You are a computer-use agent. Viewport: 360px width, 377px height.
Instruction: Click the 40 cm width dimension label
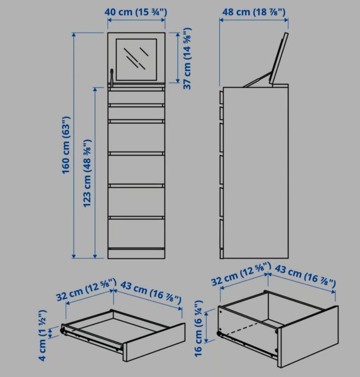[135, 12]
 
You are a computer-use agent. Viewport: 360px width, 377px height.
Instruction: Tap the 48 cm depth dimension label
[254, 12]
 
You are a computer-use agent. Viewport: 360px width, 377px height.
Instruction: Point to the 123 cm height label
[87, 173]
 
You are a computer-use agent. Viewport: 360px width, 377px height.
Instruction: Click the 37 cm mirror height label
[187, 59]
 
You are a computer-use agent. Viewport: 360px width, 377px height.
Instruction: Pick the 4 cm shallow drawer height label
[42, 335]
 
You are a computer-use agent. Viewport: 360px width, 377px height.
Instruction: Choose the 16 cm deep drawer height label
[198, 328]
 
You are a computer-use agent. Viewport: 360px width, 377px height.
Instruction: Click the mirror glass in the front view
[136, 60]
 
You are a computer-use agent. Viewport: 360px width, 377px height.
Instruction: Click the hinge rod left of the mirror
[112, 77]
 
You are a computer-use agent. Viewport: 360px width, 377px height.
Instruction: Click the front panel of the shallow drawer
[154, 342]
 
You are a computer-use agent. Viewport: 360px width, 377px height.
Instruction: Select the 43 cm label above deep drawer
[305, 276]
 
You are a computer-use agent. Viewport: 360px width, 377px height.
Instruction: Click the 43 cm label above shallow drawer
[150, 293]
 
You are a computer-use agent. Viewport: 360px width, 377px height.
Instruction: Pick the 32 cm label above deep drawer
[241, 274]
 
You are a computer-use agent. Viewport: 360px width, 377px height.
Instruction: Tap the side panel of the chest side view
[256, 173]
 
